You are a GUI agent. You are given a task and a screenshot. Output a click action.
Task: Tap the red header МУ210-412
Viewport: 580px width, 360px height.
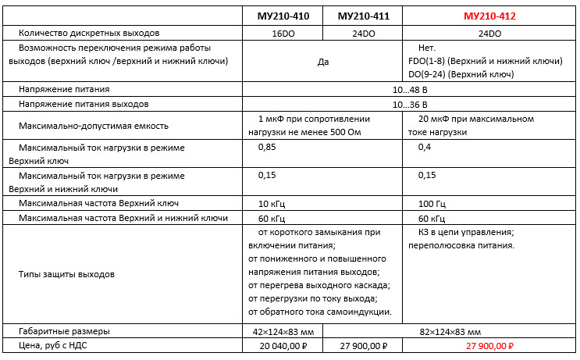[489, 16]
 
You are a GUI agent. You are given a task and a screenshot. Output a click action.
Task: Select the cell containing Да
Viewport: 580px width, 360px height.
[323, 61]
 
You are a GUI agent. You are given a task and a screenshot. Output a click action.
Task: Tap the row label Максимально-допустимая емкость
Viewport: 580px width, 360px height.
[94, 126]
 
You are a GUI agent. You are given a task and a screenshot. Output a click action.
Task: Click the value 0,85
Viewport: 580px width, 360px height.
[267, 147]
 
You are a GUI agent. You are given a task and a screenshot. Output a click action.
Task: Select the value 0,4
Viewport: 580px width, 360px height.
[425, 147]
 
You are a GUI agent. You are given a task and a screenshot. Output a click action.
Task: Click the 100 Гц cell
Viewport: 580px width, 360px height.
[432, 204]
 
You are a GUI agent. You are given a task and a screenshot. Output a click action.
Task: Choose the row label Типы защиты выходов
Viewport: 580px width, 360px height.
[66, 275]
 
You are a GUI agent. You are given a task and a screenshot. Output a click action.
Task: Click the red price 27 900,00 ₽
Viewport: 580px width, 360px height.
[489, 345]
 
